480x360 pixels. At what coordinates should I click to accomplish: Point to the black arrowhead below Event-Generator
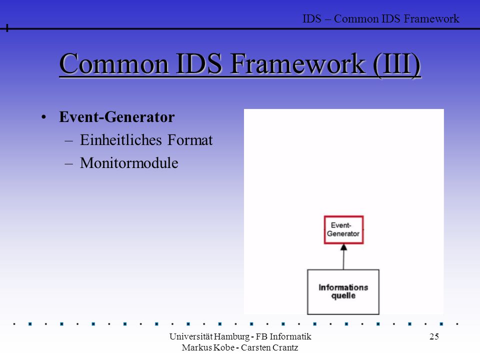(344, 247)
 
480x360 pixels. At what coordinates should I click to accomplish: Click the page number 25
(434, 336)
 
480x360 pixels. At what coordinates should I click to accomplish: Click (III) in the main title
(396, 64)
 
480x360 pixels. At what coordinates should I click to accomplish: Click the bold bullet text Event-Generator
(116, 117)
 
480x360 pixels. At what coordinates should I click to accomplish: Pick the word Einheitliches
(121, 140)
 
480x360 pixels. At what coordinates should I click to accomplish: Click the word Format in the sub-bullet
(190, 140)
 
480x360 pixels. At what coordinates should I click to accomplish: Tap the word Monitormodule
(129, 163)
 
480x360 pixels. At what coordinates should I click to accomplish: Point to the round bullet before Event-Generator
(44, 117)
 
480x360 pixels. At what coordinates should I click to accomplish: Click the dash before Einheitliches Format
(69, 141)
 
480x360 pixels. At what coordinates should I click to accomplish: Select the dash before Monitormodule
(69, 164)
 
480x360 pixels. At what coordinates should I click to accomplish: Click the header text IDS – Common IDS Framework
(381, 18)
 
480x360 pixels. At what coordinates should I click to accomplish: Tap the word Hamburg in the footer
(231, 336)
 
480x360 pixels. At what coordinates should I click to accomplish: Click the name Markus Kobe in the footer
(208, 347)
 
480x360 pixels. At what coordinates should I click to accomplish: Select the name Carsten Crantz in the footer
(269, 347)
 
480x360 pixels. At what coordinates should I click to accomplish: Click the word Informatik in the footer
(290, 336)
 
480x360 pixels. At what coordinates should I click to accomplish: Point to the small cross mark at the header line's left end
(6, 28)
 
